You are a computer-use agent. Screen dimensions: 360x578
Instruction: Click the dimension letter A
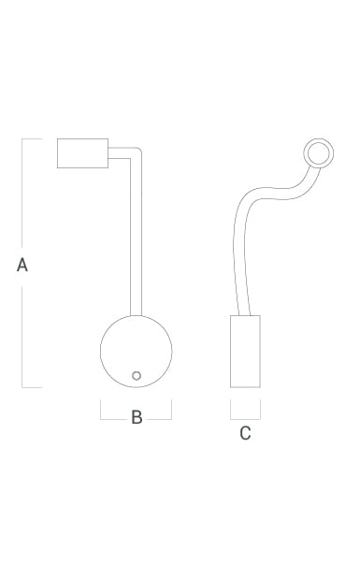pos(22,265)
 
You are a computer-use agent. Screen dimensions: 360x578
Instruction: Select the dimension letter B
pos(137,417)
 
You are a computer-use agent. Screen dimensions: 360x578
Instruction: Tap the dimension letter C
pos(245,433)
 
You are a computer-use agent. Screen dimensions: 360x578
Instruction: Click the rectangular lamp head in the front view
pos(82,153)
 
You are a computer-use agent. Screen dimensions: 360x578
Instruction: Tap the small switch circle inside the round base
pos(137,376)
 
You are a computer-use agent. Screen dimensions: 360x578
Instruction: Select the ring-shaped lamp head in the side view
pos(319,140)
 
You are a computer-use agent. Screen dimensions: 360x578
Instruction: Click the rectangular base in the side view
pos(245,352)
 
